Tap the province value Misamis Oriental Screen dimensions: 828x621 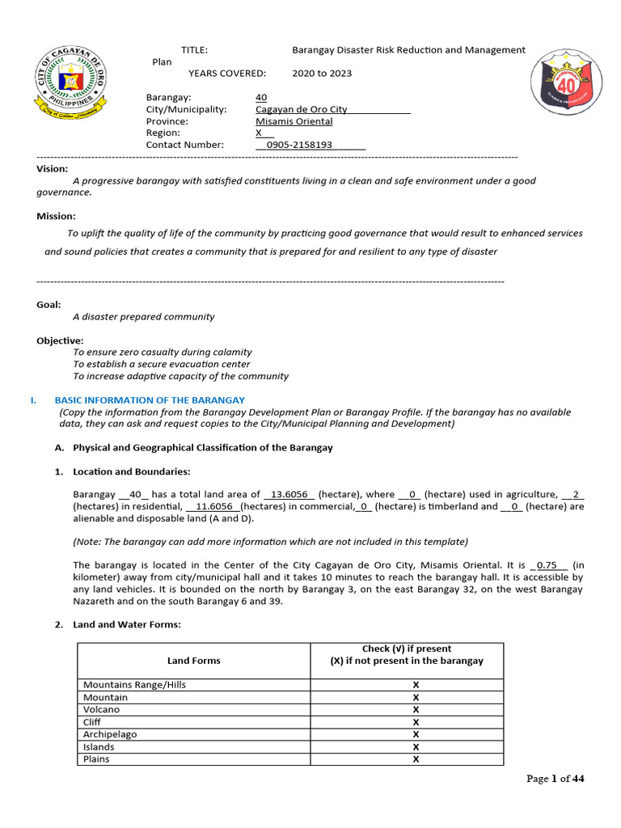click(x=294, y=121)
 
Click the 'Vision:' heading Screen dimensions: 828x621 click(x=53, y=169)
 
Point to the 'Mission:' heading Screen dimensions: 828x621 click(x=56, y=216)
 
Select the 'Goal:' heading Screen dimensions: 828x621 click(x=49, y=305)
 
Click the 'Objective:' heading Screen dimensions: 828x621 click(x=60, y=340)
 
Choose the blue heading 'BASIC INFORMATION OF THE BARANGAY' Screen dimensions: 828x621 click(x=149, y=400)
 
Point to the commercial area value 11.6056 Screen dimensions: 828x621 click(x=214, y=507)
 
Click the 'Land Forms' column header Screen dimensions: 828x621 click(x=193, y=661)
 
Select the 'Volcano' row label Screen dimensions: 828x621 click(x=101, y=709)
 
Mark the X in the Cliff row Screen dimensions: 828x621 click(x=416, y=722)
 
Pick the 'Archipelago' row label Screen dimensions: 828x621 click(x=110, y=734)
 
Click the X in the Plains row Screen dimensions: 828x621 click(x=416, y=759)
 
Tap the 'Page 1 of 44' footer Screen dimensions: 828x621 click(x=555, y=779)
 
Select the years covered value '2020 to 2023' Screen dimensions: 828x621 click(x=322, y=73)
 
